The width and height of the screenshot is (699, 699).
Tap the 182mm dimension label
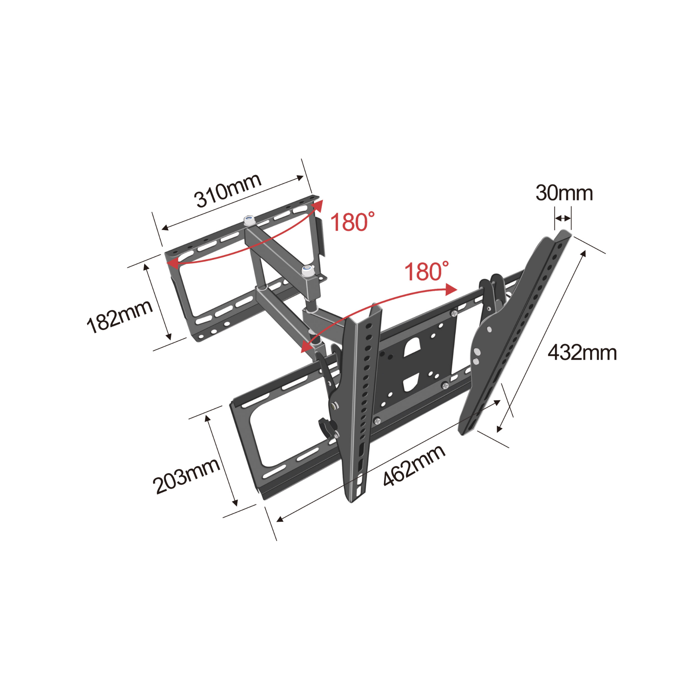[x=119, y=317]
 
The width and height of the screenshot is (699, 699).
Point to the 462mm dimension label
[x=414, y=465]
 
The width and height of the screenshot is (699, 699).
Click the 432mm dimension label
[x=582, y=353]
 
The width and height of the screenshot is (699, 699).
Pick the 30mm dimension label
[x=564, y=193]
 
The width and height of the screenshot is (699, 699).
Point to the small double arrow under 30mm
[x=562, y=218]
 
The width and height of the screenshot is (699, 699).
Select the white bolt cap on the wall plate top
[x=249, y=220]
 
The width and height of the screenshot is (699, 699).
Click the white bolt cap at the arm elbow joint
[x=307, y=270]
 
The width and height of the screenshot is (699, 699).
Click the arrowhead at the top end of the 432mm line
[x=583, y=253]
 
